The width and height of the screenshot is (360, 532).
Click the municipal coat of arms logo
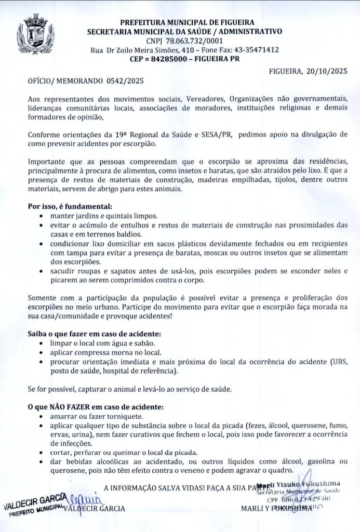[35, 34]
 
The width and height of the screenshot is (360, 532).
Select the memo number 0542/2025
[125, 81]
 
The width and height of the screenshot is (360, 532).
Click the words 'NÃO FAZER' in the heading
[70, 406]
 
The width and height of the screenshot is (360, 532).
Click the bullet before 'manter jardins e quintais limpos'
[42, 216]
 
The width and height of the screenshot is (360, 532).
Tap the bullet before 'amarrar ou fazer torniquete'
[42, 416]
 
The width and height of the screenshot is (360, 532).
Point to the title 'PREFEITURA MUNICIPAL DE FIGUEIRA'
[187, 22]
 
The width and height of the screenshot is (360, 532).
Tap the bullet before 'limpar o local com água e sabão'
[42, 343]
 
